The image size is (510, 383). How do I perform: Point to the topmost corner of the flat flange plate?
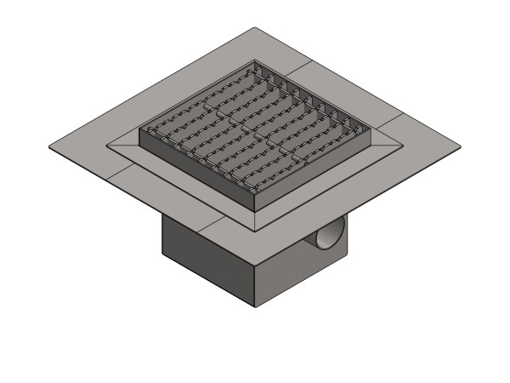(x=256, y=28)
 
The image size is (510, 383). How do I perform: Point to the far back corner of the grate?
(x=256, y=60)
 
